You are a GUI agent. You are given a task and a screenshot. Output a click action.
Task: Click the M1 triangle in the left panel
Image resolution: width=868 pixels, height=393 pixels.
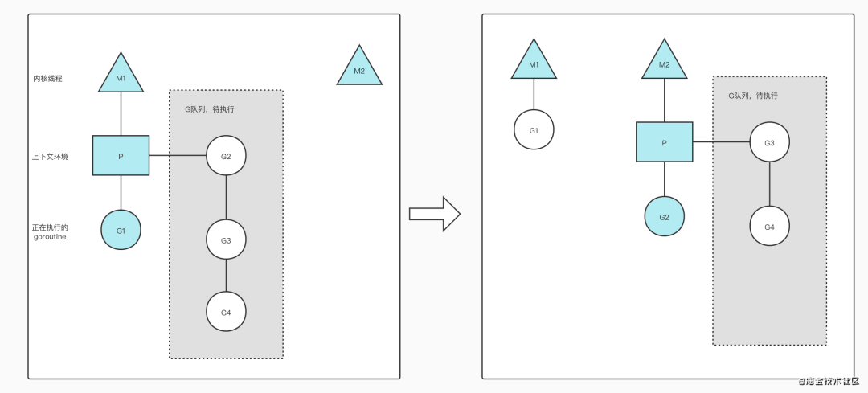121,75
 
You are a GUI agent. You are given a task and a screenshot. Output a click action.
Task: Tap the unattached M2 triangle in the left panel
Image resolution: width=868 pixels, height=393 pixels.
359,68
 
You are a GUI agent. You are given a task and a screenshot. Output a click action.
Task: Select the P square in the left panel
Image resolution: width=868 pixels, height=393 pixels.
121,155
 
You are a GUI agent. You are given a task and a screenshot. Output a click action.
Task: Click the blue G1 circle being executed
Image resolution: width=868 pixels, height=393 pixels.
121,231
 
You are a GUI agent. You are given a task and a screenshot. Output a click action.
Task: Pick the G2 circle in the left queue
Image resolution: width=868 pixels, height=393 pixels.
226,155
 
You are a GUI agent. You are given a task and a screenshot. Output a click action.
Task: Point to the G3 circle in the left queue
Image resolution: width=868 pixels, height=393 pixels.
226,240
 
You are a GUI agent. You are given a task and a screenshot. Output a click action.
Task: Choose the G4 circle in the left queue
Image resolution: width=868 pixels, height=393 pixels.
226,312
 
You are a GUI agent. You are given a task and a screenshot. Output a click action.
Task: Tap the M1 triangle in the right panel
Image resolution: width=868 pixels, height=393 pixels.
534,62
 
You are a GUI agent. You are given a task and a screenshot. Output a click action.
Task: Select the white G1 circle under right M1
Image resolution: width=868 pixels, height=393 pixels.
534,129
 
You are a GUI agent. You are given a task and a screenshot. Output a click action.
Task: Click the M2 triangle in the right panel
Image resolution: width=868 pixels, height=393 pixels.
664,62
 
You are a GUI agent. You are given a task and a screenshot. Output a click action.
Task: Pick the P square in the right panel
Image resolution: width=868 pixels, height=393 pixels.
664,143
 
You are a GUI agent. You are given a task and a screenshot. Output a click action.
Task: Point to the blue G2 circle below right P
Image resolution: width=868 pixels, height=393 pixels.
664,217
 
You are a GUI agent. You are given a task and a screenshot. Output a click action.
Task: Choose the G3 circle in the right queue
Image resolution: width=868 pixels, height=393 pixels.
770,143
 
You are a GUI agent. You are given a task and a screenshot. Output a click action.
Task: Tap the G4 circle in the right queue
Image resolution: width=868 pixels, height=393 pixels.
770,227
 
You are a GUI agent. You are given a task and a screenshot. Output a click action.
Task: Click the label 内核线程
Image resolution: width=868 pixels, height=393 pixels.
47,79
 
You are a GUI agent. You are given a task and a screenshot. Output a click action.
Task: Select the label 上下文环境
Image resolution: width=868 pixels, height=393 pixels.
50,157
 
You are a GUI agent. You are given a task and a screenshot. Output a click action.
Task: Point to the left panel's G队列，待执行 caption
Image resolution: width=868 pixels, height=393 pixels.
209,109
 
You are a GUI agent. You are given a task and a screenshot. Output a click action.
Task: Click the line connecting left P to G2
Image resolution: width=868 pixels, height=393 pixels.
177,155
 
